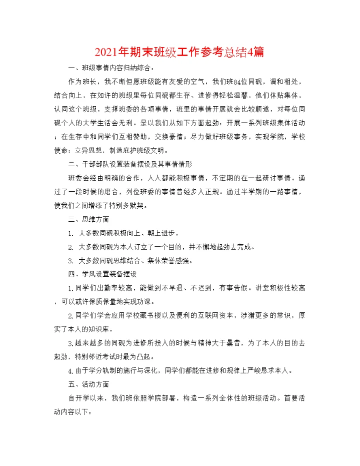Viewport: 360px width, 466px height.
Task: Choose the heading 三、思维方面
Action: point(88,219)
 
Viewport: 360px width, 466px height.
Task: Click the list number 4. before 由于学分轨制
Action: point(71,371)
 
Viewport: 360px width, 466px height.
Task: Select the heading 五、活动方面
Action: point(88,384)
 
